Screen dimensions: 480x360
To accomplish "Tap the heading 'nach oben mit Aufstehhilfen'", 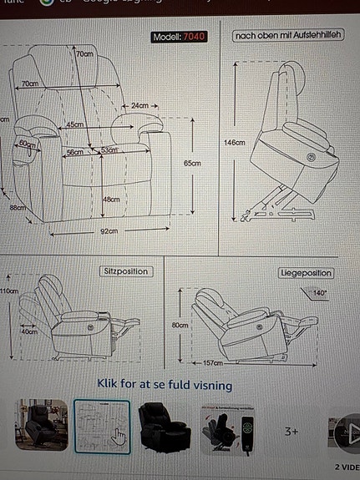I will [288, 36].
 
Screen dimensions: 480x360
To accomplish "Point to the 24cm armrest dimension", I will [139, 106].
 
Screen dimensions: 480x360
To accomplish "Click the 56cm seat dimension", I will [75, 152].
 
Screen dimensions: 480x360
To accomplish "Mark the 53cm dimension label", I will [109, 151].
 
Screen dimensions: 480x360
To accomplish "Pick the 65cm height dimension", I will [193, 164].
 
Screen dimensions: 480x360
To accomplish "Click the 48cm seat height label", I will [110, 200].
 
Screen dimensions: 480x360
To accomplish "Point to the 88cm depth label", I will [18, 208].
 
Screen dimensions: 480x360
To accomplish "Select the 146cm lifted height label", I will [235, 143].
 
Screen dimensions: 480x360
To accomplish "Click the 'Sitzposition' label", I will [126, 272].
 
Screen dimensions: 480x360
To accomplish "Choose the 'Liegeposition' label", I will [305, 273].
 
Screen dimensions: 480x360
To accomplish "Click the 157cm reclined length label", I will [214, 364].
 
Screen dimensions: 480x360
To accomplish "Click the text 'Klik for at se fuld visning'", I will [164, 386].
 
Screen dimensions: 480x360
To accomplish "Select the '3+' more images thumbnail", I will [292, 432].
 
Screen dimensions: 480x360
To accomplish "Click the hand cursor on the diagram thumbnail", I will [118, 437].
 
